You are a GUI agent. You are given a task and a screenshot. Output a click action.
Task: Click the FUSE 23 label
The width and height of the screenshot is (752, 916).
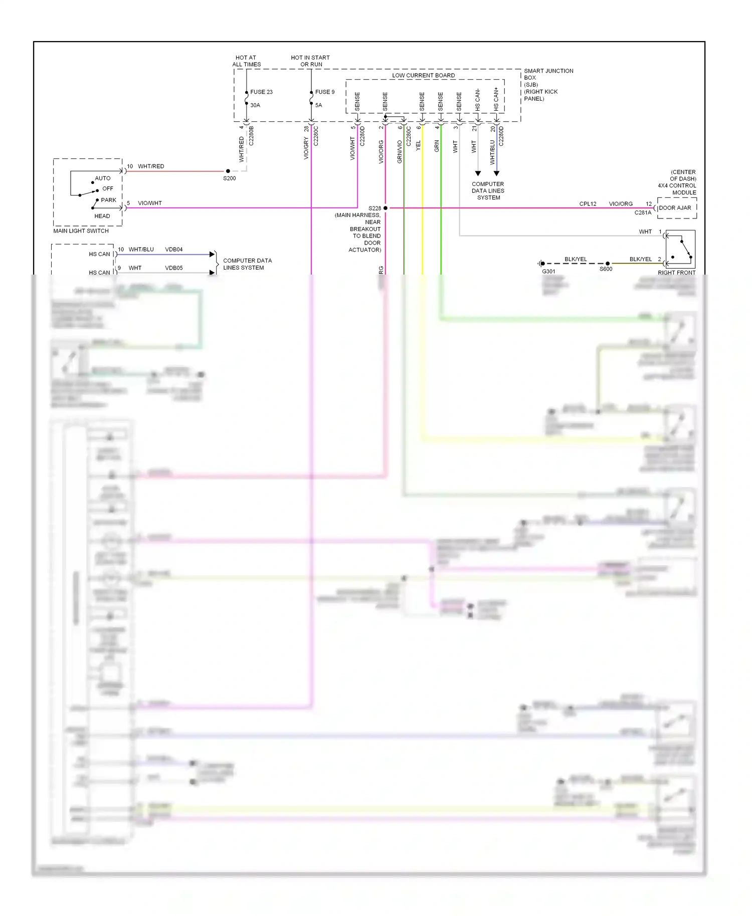(261, 92)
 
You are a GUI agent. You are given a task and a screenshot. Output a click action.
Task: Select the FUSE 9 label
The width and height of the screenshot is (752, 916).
(324, 92)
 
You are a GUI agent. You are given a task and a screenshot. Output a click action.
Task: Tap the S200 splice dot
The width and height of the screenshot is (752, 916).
(228, 171)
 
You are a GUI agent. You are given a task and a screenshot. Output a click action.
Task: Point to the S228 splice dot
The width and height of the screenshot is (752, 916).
(386, 208)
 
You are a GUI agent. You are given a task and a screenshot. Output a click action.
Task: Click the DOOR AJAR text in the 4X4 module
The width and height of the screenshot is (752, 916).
(675, 208)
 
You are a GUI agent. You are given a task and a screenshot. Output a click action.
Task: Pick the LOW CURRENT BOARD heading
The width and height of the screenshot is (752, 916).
(423, 76)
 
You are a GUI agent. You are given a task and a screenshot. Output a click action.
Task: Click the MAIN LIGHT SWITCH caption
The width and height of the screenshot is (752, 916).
(81, 231)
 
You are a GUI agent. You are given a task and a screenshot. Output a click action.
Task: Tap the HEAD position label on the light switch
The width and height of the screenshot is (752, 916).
(102, 216)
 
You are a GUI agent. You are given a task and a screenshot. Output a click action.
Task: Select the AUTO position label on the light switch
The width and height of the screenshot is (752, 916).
(102, 178)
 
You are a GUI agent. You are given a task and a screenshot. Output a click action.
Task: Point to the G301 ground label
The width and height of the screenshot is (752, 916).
(548, 272)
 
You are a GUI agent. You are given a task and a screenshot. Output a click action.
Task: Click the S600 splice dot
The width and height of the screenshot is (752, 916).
(608, 263)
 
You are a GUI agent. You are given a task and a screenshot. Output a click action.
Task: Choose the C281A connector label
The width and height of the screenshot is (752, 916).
(643, 213)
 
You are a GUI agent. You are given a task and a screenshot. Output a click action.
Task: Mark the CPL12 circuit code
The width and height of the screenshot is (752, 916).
(588, 204)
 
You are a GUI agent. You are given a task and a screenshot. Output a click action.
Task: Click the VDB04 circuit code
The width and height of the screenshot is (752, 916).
(173, 250)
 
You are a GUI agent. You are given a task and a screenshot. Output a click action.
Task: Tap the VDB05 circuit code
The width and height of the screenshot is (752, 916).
(173, 268)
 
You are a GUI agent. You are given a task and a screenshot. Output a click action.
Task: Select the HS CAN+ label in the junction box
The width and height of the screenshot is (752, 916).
(496, 99)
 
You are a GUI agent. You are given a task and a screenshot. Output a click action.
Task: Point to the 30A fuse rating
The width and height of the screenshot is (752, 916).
(255, 105)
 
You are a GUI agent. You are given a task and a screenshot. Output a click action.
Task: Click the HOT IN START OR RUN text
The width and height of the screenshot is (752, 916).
(310, 61)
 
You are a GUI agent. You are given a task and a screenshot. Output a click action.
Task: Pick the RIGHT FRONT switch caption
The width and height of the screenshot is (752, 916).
(676, 273)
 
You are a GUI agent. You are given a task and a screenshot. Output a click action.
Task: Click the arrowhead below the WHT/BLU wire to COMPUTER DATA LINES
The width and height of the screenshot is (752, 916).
(496, 173)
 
